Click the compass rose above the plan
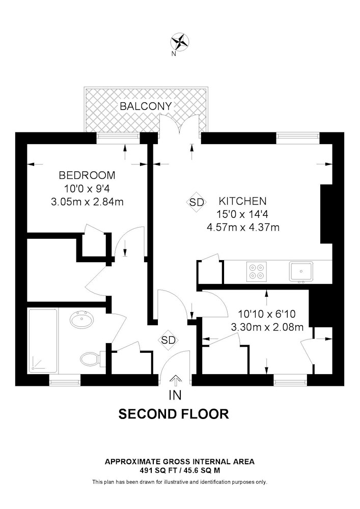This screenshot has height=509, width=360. [180, 42]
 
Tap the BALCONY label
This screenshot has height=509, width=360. [146, 106]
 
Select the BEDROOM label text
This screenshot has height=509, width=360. [87, 175]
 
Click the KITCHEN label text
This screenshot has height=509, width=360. [242, 201]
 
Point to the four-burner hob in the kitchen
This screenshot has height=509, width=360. [257, 271]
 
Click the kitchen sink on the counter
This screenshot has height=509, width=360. [301, 271]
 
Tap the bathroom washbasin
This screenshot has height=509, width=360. [81, 319]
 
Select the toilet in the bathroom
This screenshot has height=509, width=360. [91, 359]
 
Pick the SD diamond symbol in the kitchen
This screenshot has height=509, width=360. [197, 202]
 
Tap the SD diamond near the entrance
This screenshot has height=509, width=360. [169, 340]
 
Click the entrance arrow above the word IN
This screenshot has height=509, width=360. [175, 380]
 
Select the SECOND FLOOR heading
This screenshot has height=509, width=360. [174, 414]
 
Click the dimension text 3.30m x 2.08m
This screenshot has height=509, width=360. [267, 327]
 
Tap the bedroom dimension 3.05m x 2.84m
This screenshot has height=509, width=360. [87, 202]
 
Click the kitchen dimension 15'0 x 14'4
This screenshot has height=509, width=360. [242, 214]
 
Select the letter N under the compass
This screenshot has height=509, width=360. [174, 54]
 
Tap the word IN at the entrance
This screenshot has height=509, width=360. [175, 395]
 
